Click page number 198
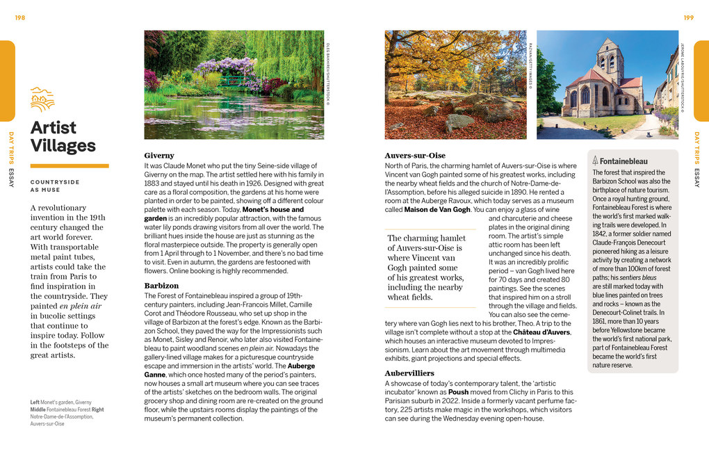(x=19, y=17)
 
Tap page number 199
(x=688, y=17)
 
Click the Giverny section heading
(x=159, y=156)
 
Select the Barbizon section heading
(x=161, y=286)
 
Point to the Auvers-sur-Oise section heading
(x=415, y=156)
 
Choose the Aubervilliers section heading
(x=409, y=373)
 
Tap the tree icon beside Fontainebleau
(x=596, y=161)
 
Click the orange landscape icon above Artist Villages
(x=42, y=99)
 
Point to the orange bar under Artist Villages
(x=70, y=165)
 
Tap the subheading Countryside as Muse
(x=55, y=186)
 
